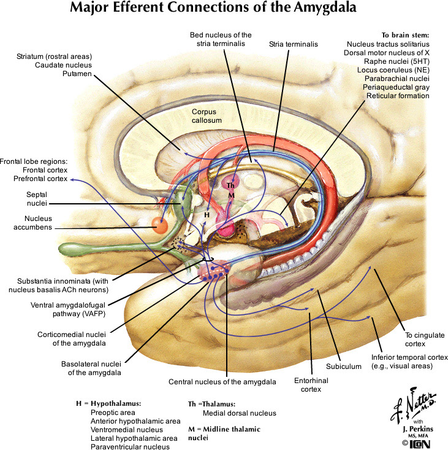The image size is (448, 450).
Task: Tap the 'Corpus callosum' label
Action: [x=205, y=117]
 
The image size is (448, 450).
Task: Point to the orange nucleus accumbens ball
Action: [x=160, y=225]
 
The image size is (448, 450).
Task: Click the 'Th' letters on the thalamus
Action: [x=230, y=185]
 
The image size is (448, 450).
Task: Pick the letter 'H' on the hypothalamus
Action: [x=207, y=215]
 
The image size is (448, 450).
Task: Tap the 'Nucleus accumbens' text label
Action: [x=30, y=222]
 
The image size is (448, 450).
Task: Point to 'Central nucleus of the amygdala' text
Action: [x=222, y=381]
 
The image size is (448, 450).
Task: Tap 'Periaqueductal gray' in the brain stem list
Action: [x=397, y=87]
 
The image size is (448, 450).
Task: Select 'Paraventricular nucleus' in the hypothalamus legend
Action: [x=130, y=447]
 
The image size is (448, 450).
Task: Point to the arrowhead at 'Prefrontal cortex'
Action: [x=72, y=180]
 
